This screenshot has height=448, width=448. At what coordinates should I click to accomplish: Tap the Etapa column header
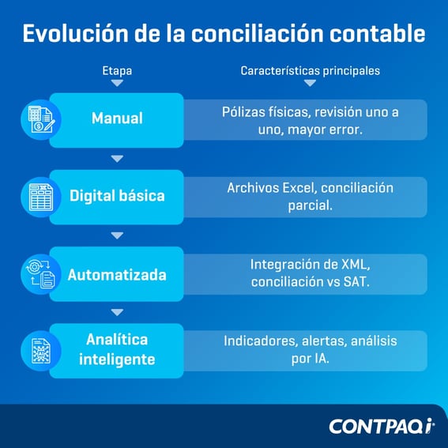(117, 71)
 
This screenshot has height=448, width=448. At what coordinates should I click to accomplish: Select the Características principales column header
(310, 71)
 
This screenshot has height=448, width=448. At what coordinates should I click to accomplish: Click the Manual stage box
(117, 119)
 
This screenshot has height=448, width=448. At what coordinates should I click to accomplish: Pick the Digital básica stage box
(117, 195)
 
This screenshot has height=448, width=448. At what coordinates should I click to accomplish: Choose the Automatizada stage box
(117, 275)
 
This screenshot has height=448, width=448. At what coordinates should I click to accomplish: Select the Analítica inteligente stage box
(117, 349)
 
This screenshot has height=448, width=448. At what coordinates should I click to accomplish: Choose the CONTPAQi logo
(382, 426)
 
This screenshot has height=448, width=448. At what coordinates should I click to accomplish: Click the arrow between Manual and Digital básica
(117, 159)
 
